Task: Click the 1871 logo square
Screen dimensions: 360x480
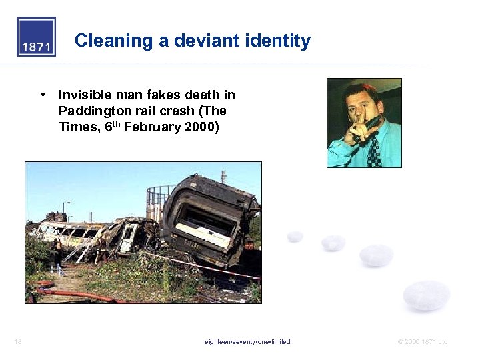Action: click(36, 37)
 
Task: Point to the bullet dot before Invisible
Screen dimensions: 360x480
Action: click(42, 95)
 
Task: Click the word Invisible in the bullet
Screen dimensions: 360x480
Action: click(85, 95)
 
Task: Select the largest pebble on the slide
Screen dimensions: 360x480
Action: click(426, 295)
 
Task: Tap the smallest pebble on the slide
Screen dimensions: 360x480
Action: click(295, 236)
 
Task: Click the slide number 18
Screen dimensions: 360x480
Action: click(17, 342)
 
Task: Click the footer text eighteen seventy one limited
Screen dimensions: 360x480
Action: click(247, 342)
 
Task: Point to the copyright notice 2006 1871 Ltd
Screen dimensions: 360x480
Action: click(423, 342)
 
